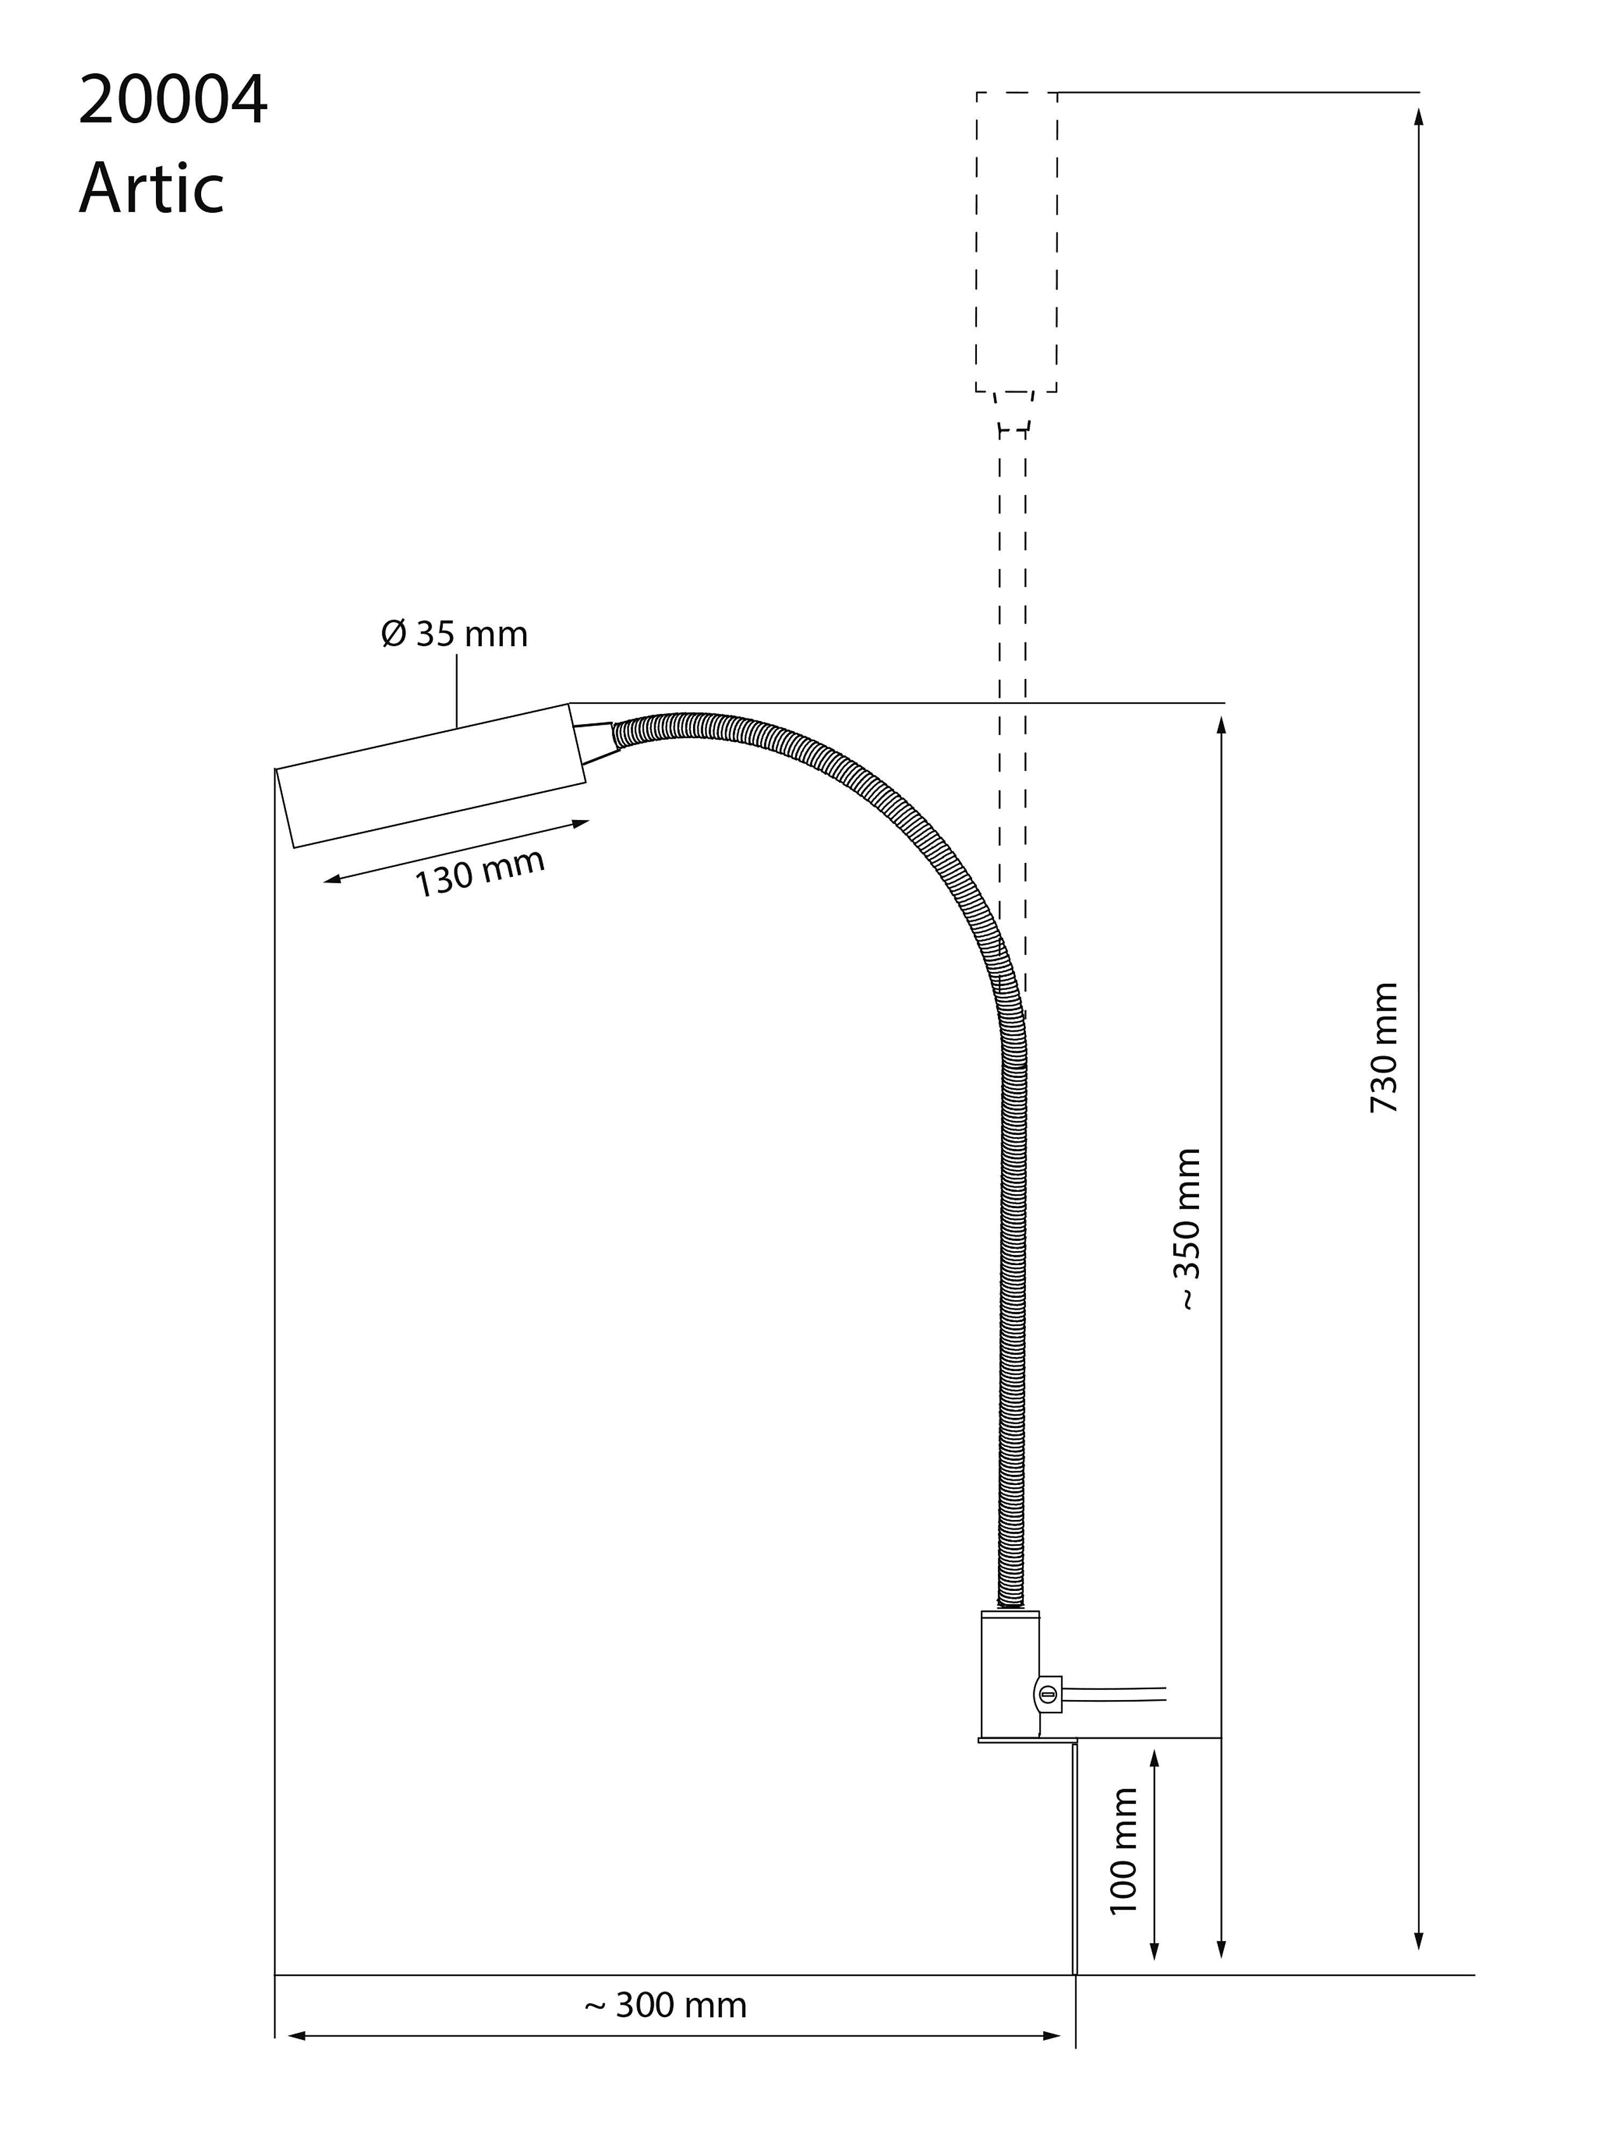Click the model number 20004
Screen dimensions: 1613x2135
coord(173,101)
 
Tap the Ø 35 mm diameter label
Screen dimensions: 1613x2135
coord(455,634)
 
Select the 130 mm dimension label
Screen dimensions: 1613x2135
coord(480,873)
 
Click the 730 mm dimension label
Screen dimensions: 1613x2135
coord(1384,1047)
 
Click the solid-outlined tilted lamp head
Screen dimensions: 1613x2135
coord(431,776)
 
